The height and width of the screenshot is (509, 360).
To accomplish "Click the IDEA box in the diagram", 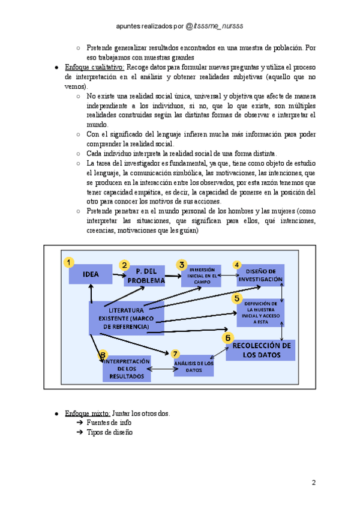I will [91, 276].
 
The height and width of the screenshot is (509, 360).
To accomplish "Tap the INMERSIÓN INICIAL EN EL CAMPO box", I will [198, 276].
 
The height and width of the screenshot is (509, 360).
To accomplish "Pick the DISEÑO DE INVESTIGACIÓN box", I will [260, 276].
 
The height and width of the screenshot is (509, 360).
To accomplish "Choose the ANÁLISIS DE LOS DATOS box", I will [194, 366].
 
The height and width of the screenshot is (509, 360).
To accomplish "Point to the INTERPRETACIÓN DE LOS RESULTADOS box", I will [127, 369].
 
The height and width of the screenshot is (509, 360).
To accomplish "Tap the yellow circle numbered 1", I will [70, 262].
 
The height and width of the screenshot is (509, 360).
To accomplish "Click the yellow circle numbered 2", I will [125, 265].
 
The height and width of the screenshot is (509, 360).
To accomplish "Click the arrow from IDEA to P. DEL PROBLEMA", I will [119, 277].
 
